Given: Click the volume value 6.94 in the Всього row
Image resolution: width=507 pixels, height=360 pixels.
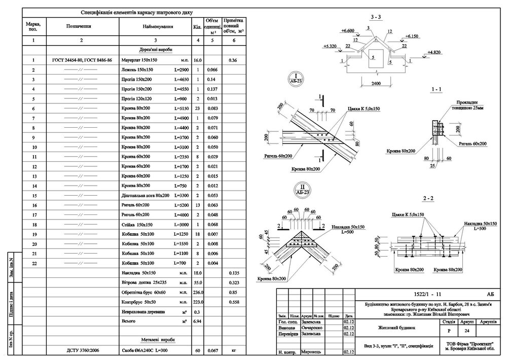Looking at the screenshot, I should coord(198,321).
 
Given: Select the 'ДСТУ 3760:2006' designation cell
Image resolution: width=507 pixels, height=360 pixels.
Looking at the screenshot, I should coord(81,350).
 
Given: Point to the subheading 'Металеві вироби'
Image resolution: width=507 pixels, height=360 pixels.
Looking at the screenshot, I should coord(155,339).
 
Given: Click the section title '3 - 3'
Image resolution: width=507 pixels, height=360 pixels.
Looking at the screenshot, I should coord(376,18).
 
